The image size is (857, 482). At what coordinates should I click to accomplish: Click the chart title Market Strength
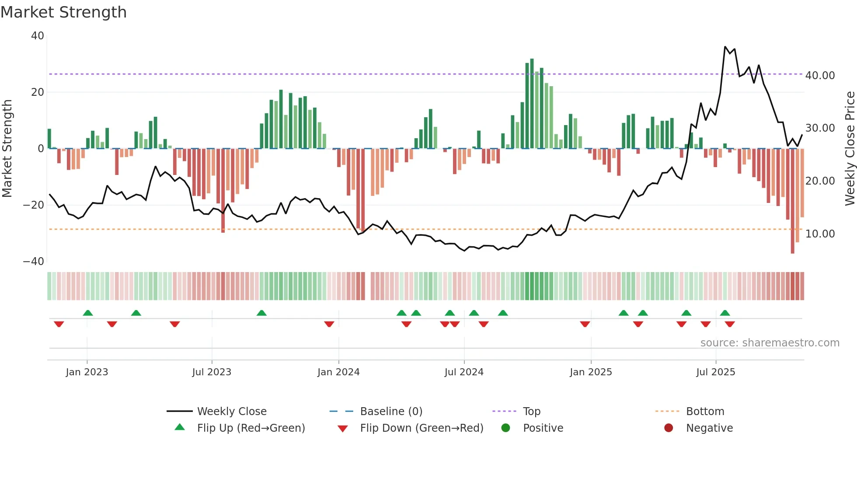(63, 12)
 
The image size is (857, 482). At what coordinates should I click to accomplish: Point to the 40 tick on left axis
(38, 36)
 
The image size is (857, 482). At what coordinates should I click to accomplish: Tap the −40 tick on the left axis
(34, 262)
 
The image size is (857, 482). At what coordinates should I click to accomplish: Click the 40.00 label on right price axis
(820, 76)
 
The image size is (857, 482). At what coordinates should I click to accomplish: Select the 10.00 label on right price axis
(820, 234)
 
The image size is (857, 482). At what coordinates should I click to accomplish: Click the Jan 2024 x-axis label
(338, 372)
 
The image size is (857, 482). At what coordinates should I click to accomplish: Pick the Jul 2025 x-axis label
(715, 372)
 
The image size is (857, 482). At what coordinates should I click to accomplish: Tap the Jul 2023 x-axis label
(212, 372)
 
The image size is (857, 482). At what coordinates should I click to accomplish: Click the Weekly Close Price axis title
(850, 149)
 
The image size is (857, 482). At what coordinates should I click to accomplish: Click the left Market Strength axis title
(7, 149)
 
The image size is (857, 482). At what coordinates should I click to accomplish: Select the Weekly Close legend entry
(231, 412)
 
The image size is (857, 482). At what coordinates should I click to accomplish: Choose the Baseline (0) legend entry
(391, 412)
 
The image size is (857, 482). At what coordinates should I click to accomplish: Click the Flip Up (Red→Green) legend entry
(251, 428)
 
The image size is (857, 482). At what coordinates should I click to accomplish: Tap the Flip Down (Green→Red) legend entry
(422, 428)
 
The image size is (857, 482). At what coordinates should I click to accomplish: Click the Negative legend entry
(709, 428)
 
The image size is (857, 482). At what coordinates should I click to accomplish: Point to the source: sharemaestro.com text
(770, 343)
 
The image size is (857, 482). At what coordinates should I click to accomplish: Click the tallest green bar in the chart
(532, 103)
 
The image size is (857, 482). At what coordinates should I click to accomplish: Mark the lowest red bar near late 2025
(792, 201)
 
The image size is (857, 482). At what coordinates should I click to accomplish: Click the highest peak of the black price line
(725, 47)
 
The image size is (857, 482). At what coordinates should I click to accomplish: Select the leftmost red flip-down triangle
(59, 324)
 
